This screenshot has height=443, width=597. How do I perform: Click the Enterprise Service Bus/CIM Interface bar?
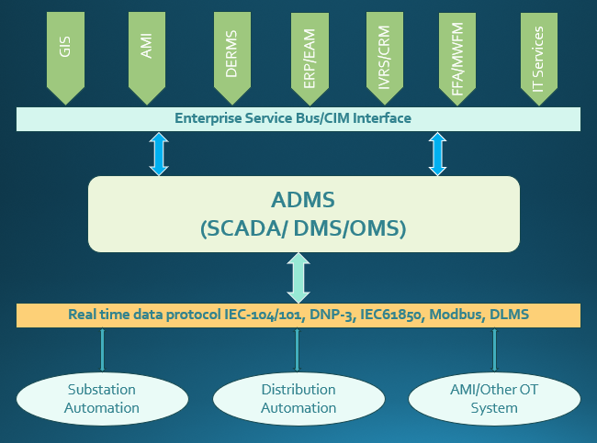pos(298,118)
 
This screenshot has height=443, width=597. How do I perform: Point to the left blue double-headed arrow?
pos(160,153)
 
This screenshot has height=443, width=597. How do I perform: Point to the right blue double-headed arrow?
pos(437,153)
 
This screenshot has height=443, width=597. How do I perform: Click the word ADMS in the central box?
pos(304,200)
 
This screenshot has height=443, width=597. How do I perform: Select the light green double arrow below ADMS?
pos(298,278)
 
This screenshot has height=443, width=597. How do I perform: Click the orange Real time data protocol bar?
pos(298,315)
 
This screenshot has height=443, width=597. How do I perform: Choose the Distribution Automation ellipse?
pos(298,398)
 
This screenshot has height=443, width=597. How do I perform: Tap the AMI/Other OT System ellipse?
pos(494,398)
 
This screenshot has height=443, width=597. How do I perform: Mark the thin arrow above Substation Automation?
pos(102,349)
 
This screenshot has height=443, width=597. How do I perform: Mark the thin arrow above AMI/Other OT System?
pos(495,349)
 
